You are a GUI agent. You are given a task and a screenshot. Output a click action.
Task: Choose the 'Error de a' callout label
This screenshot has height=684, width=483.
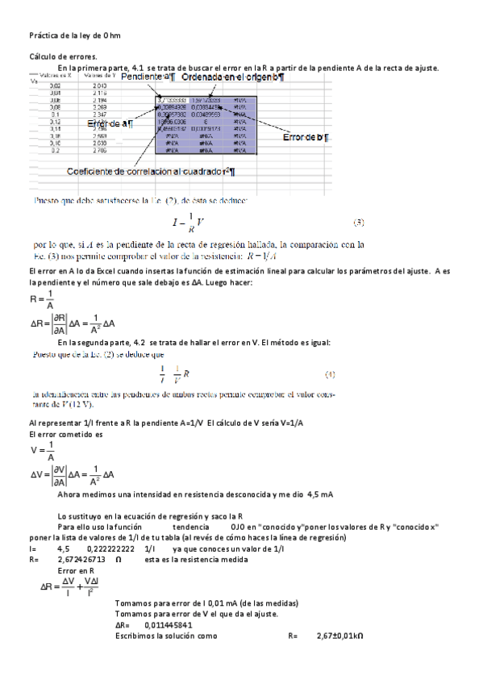[111, 123]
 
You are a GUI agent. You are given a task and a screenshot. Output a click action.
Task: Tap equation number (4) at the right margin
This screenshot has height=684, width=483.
[330, 374]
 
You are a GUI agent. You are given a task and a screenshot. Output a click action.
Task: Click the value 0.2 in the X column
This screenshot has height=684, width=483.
[55, 150]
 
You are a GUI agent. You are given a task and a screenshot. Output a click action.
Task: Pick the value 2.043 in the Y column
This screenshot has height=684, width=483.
[99, 85]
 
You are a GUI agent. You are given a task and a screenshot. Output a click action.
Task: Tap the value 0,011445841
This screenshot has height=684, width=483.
[169, 624]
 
